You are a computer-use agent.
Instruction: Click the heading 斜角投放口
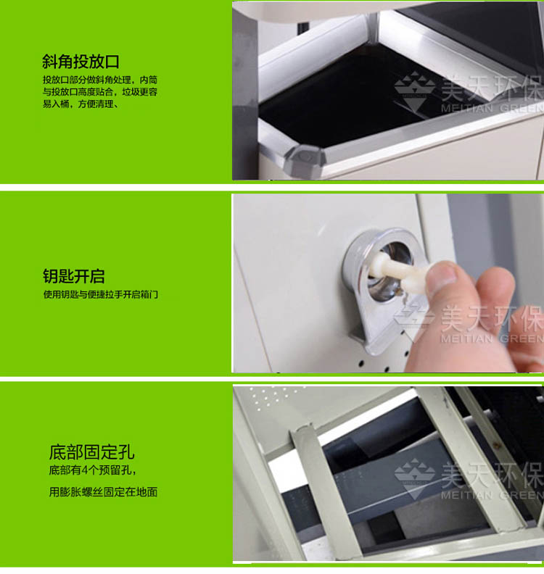[x=81, y=62]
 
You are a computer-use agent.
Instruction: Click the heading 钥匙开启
[x=74, y=276]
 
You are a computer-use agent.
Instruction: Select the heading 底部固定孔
[x=91, y=452]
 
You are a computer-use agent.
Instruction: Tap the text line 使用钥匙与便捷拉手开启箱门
[x=101, y=294]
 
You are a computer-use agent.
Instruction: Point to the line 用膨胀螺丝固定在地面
[x=103, y=491]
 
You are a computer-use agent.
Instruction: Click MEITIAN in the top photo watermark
[x=466, y=109]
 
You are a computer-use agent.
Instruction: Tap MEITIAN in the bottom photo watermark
[x=466, y=495]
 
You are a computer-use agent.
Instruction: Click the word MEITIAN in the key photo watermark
[x=466, y=338]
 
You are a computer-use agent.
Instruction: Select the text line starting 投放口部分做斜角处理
[x=100, y=80]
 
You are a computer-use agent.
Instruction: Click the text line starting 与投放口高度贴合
[x=100, y=92]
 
